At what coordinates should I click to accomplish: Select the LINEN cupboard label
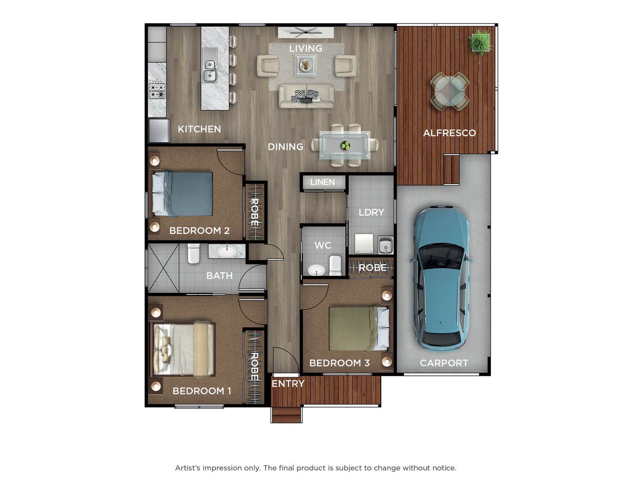[322, 182]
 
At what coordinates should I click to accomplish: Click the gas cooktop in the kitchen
[157, 91]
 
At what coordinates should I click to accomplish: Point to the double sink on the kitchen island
[209, 71]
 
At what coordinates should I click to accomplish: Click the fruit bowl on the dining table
[345, 145]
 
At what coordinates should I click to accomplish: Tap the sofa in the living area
[306, 96]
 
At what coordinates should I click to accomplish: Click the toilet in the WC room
[335, 265]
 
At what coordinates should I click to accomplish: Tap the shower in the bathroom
[163, 268]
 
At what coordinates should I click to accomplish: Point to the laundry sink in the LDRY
[385, 245]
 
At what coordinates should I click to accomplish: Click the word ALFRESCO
[449, 133]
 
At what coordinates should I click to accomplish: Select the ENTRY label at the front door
[288, 383]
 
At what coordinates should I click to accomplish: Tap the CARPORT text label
[444, 363]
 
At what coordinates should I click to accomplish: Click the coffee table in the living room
[306, 66]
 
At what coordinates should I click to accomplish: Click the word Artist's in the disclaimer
[188, 468]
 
